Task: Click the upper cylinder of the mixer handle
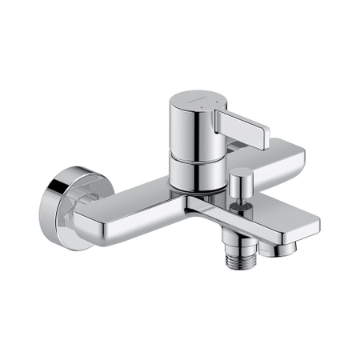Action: point(190,128)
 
